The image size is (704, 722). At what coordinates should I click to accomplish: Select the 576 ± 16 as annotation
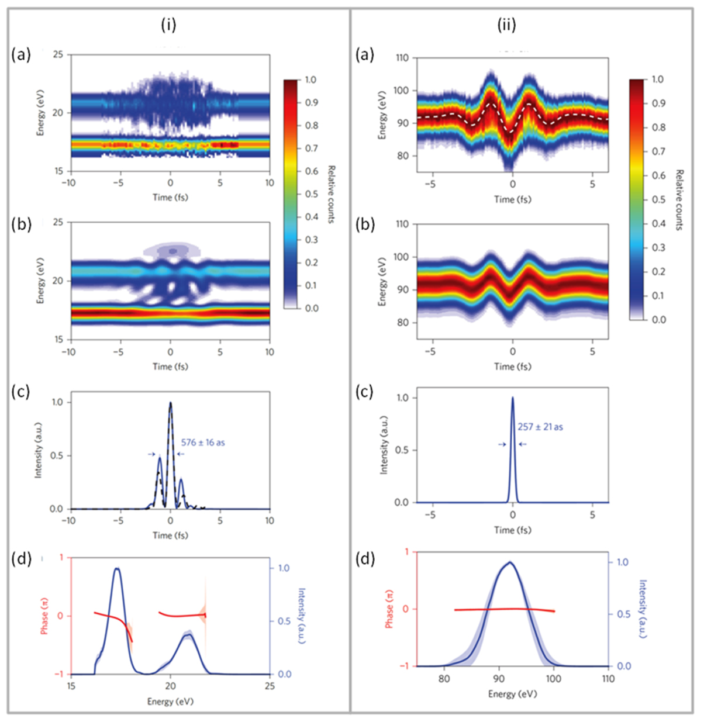click(x=203, y=443)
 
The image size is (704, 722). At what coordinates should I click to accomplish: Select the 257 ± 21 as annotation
click(x=540, y=427)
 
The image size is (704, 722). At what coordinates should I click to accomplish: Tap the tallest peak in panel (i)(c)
click(x=170, y=403)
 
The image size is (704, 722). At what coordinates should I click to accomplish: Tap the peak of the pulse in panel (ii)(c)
click(x=513, y=398)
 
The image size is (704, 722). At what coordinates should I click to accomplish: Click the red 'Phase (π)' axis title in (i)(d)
click(x=45, y=616)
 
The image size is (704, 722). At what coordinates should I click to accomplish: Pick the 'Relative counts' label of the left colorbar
click(x=331, y=194)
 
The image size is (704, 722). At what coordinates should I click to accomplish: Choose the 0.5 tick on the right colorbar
click(x=658, y=199)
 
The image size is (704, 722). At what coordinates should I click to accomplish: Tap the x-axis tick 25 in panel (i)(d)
click(x=269, y=686)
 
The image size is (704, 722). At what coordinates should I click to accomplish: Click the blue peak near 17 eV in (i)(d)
click(x=117, y=569)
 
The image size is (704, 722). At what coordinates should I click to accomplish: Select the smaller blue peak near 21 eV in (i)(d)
click(x=187, y=635)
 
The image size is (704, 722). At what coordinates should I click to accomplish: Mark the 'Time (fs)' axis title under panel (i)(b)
click(x=170, y=367)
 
